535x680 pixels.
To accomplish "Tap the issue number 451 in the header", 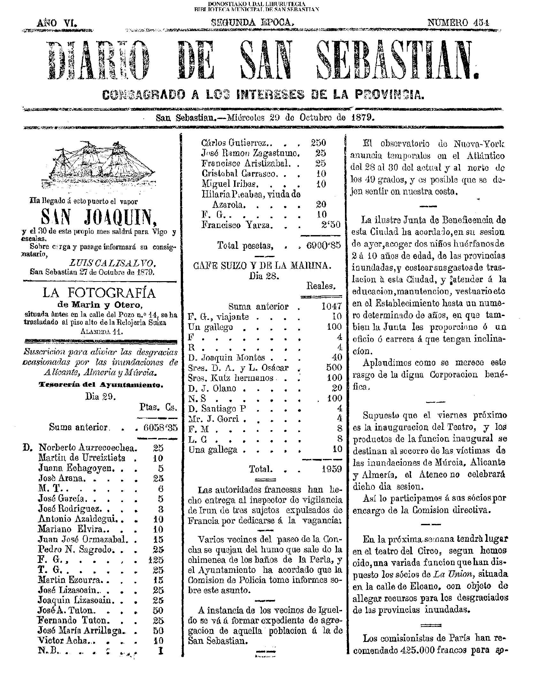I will pyautogui.click(x=458, y=23).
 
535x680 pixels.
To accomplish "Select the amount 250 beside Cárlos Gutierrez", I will pyautogui.click(x=318, y=143).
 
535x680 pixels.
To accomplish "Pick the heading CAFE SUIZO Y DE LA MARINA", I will pyautogui.click(x=263, y=265).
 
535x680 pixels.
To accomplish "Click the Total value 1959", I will pyautogui.click(x=332, y=469).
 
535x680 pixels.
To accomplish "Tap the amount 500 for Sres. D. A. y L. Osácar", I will pyautogui.click(x=334, y=367).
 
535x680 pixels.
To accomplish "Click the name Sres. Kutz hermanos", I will pyautogui.click(x=231, y=378).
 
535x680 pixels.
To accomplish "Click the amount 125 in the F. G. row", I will pyautogui.click(x=156, y=560).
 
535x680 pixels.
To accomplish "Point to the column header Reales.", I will pyautogui.click(x=321, y=286).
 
